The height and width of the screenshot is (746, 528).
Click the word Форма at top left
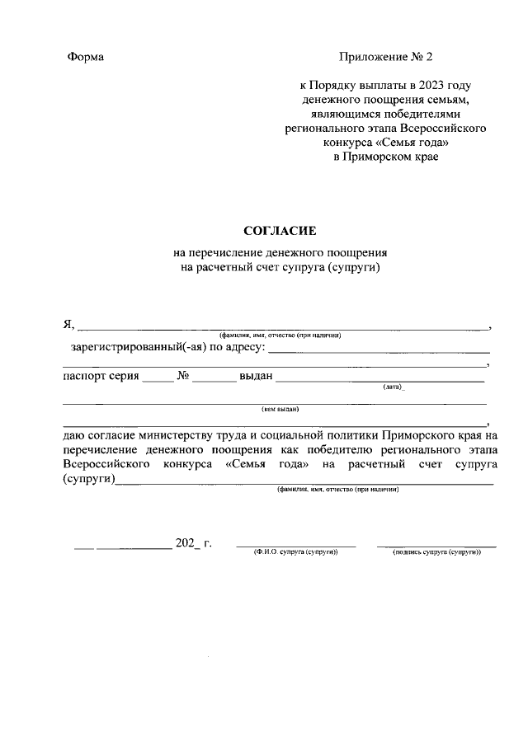(85, 57)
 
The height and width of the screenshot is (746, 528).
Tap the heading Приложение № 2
(384, 57)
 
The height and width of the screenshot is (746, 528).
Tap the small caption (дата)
(393, 387)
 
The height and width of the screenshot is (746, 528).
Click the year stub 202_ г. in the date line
(194, 543)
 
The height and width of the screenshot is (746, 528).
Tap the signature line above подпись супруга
(436, 546)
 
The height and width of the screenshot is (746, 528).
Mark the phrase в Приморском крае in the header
(384, 156)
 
